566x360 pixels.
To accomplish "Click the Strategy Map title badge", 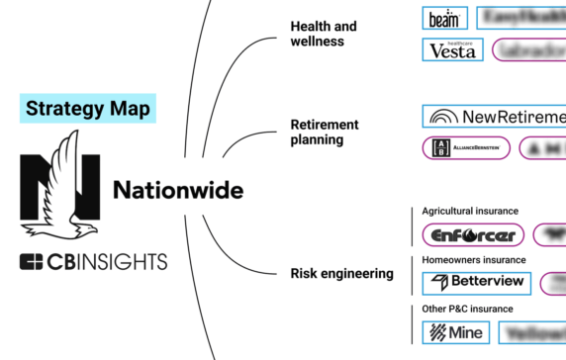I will tap(87, 108).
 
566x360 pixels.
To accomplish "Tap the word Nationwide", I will tap(178, 188).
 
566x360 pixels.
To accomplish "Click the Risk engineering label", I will tap(341, 273).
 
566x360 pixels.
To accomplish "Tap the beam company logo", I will tap(444, 18).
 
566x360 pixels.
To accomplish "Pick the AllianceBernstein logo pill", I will tap(466, 147).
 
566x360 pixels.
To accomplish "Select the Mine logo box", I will tap(454, 333).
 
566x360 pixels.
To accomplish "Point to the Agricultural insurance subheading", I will tap(470, 211).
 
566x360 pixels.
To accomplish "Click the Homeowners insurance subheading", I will tap(471, 260).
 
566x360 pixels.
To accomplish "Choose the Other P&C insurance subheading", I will tap(461, 311).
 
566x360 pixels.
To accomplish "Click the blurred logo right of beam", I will tap(521, 18).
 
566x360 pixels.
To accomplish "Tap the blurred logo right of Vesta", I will tap(529, 49).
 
